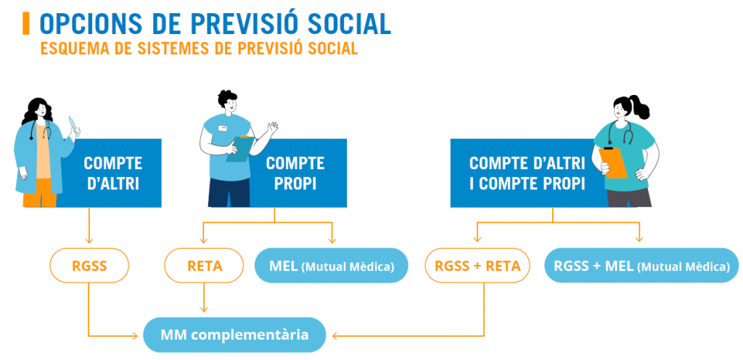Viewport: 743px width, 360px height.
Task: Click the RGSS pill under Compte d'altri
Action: coord(89,266)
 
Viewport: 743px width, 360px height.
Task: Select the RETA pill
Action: coord(204,266)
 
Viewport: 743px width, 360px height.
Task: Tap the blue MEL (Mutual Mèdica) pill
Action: coord(332,266)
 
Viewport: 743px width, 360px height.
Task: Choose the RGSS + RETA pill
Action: coord(477,266)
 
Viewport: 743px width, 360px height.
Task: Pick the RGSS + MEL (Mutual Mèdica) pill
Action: coord(641,266)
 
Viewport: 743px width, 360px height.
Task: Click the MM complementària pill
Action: coord(234,335)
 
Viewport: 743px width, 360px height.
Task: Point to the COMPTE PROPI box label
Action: coord(295,173)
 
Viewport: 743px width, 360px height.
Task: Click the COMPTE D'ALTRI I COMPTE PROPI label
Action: coord(527,173)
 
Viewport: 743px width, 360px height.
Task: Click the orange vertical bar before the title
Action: coord(26,24)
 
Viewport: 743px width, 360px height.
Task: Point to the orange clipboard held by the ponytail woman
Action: coord(613,163)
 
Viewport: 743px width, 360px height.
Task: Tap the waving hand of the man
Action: coord(272,128)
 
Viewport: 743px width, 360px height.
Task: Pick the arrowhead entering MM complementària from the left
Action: coord(134,336)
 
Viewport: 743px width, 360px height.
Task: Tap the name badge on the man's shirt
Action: coord(222,128)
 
